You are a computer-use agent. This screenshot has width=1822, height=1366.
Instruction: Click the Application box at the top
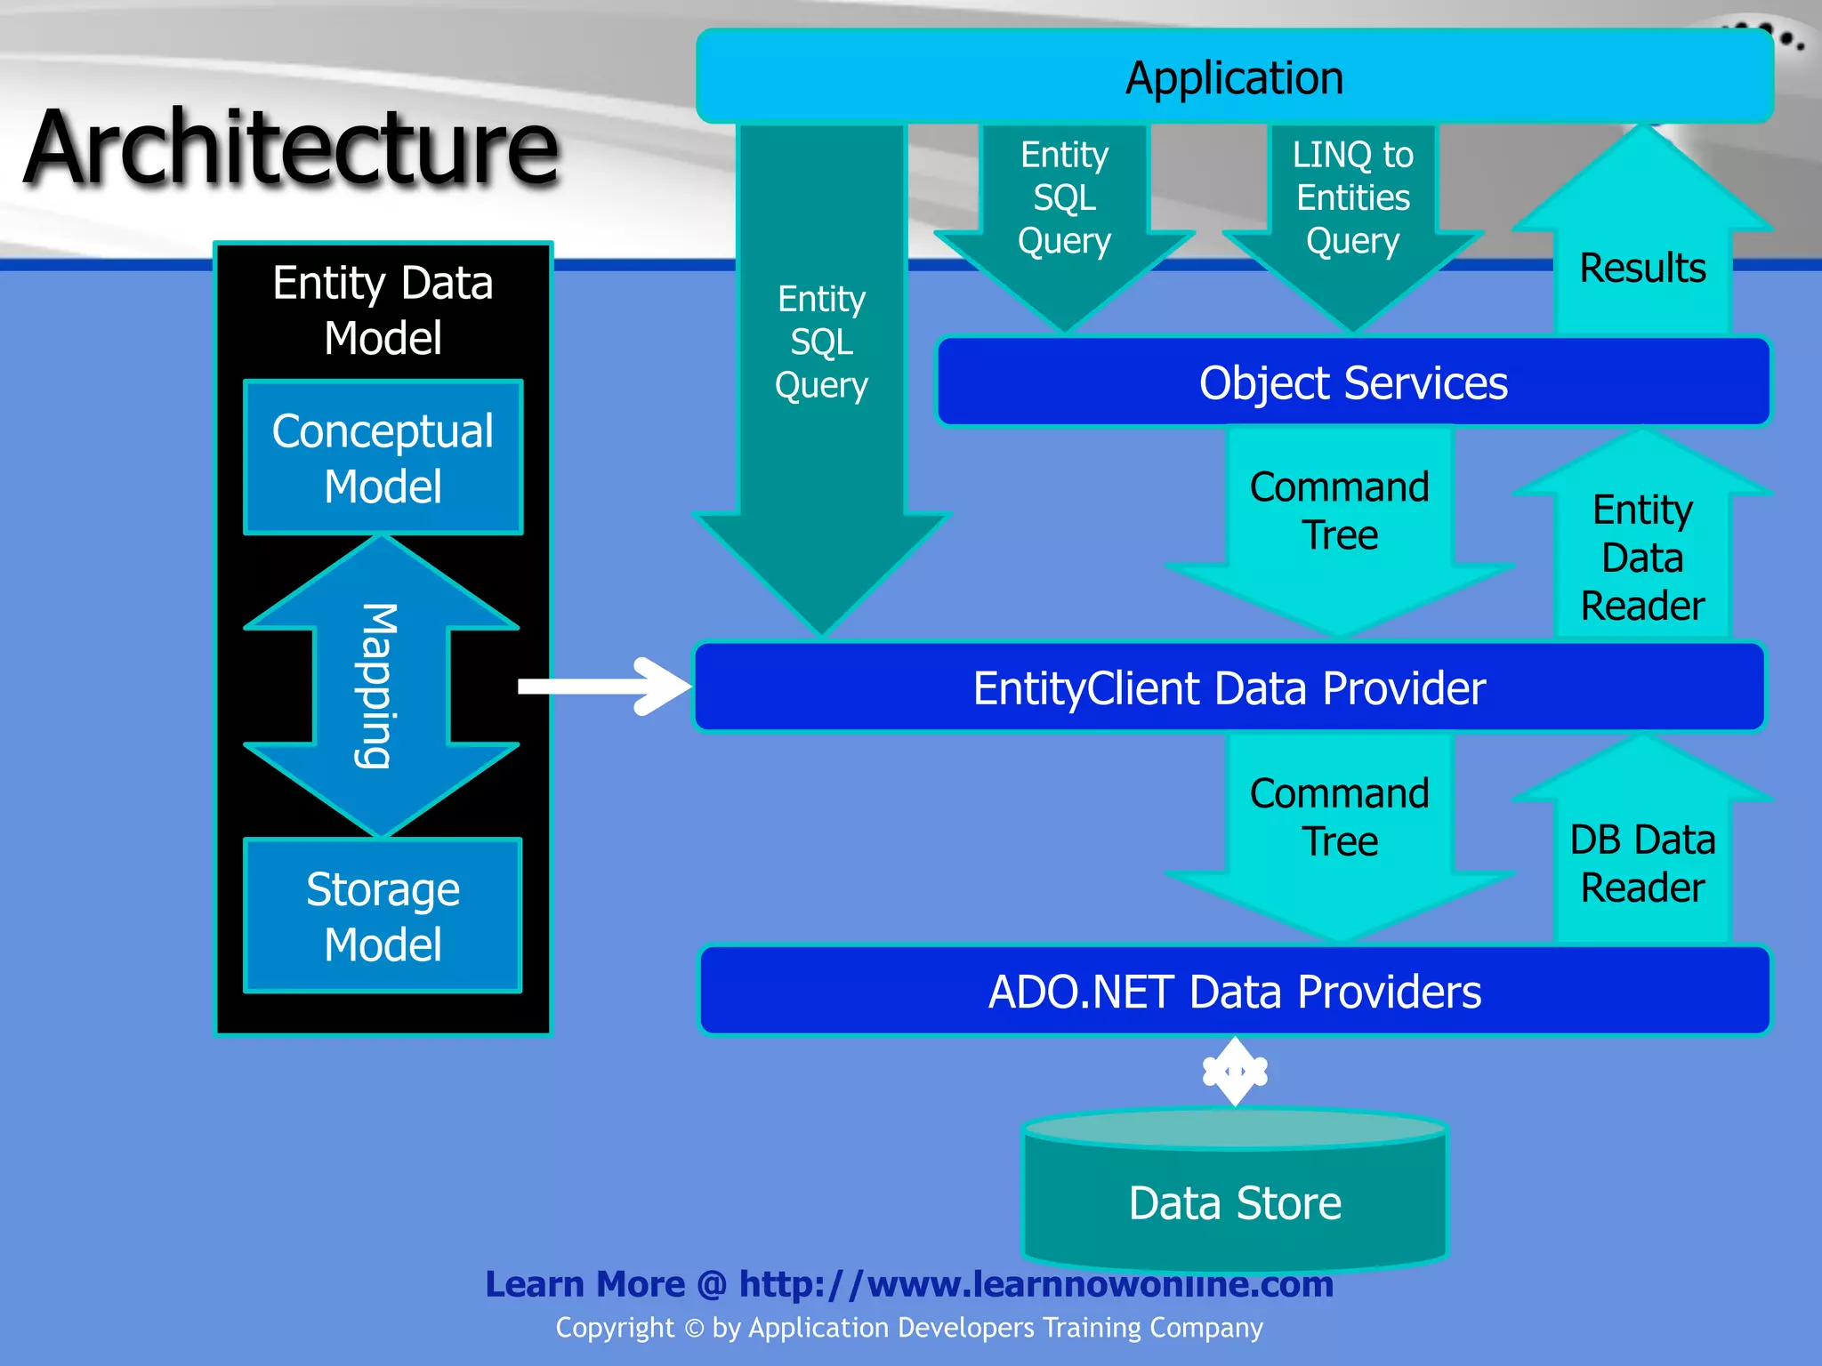click(x=1234, y=77)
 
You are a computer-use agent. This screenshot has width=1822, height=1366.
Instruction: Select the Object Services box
click(x=1352, y=382)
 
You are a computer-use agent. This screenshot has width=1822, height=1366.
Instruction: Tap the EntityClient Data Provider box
click(x=1229, y=687)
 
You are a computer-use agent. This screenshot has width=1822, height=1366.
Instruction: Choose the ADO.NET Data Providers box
click(x=1234, y=991)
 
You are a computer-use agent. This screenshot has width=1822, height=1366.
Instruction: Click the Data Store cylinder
click(x=1234, y=1201)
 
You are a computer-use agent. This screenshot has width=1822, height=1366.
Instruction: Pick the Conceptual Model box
click(x=383, y=458)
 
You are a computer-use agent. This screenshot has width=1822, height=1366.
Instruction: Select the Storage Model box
click(x=383, y=916)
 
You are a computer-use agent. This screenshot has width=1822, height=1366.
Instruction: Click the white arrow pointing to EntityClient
click(x=605, y=686)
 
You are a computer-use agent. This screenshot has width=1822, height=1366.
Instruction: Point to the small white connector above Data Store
click(x=1235, y=1072)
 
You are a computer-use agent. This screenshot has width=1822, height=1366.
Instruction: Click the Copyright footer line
click(x=909, y=1328)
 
